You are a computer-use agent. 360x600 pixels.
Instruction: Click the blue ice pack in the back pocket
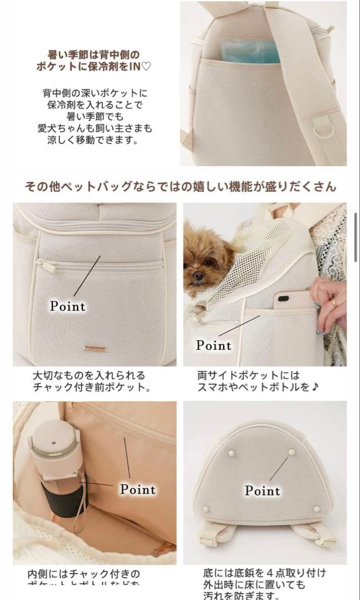coord(250,51)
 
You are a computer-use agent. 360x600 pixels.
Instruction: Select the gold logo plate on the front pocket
coord(95,349)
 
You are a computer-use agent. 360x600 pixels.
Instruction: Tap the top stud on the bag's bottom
coord(293,452)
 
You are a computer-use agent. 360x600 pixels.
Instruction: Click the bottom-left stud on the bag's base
coord(207,508)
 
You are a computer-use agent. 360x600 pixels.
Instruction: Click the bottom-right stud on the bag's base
coord(317,508)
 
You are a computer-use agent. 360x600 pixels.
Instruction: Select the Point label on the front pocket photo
coord(68,306)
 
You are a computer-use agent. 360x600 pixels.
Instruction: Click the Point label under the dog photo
coord(214,345)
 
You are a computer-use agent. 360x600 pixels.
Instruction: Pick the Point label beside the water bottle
coord(138,489)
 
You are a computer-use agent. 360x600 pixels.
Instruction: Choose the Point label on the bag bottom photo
coord(263,491)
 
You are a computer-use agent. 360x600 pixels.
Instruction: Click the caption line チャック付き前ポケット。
coord(91,387)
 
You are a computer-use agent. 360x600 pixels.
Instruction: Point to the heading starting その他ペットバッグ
coord(179,186)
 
